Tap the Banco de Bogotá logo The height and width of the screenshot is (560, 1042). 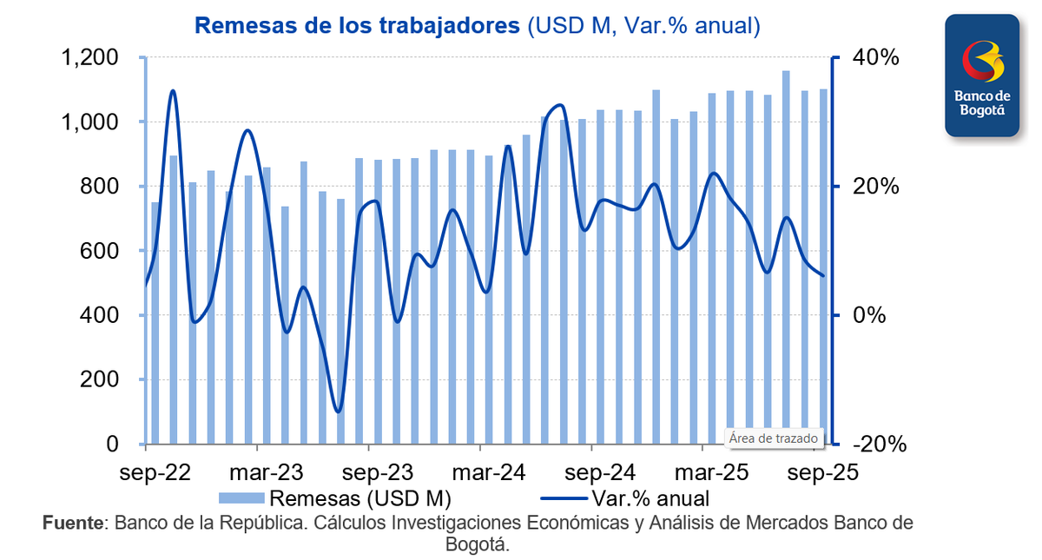tap(982, 76)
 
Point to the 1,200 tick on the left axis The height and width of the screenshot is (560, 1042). tap(89, 58)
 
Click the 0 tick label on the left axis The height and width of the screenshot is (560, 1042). tap(112, 444)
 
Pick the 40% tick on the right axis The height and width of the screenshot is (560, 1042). tap(876, 58)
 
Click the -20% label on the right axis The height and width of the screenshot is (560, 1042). tap(880, 444)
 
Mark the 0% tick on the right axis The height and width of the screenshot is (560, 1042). tap(870, 315)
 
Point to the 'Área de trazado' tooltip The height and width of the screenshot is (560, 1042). tap(768, 438)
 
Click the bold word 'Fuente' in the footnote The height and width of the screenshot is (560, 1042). tap(72, 524)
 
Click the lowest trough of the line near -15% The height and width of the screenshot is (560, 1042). tap(338, 412)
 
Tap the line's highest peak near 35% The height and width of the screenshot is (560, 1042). tap(173, 90)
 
